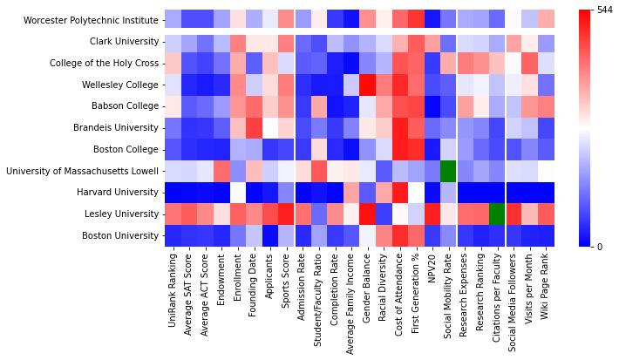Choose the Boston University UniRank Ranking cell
tap(172, 234)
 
